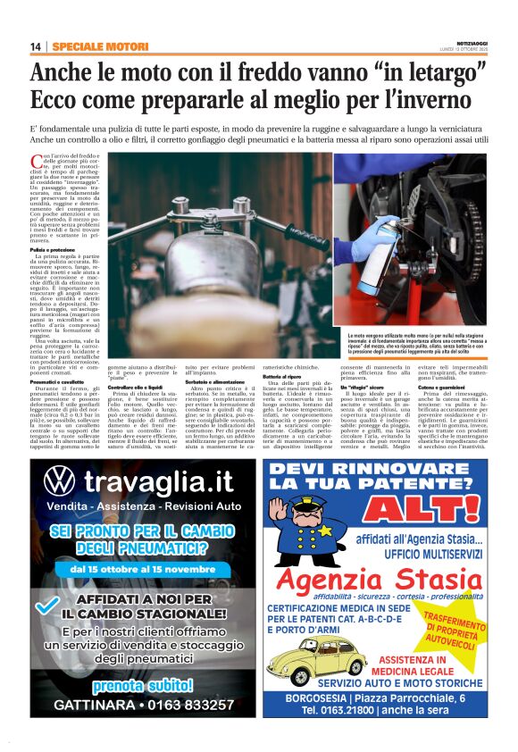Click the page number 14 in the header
coord(35,46)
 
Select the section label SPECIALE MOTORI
coord(88,46)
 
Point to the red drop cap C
coord(36,161)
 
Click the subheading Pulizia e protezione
coord(54,249)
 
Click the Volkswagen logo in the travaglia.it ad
coord(58,483)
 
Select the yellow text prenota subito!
coord(142,684)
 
